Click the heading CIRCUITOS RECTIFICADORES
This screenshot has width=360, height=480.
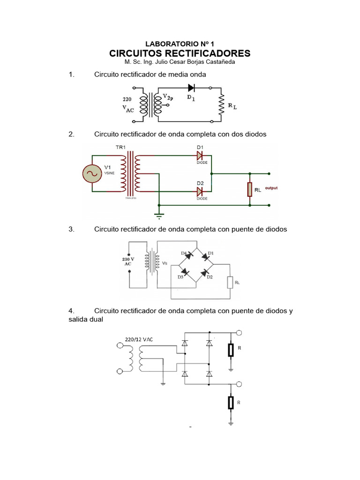tap(180, 53)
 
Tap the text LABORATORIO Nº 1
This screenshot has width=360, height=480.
tap(180, 43)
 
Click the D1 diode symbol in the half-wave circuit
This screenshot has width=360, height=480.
tap(191, 87)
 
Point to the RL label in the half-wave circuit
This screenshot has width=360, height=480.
tap(232, 106)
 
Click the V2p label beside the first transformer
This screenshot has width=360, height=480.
tap(167, 97)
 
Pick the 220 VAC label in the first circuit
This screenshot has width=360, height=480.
tap(128, 104)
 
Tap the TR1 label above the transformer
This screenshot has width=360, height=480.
tap(121, 147)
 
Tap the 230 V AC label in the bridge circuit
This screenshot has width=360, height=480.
tap(128, 261)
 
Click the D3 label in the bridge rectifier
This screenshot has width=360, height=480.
tap(180, 277)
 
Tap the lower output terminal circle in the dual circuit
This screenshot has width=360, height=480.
tap(239, 384)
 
